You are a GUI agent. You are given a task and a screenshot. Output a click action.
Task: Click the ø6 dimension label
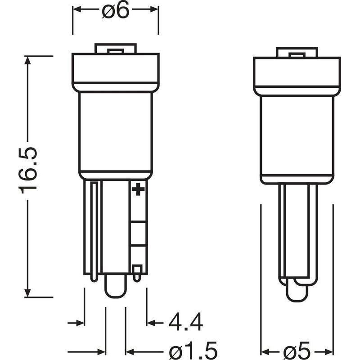[x=116, y=10]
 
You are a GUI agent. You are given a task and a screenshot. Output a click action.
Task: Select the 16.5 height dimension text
[x=27, y=171]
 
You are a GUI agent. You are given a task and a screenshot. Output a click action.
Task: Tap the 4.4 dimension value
[x=186, y=322]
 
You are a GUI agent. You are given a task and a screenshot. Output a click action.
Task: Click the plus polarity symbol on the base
[x=138, y=189]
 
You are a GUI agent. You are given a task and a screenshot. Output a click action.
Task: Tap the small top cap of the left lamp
[x=116, y=49]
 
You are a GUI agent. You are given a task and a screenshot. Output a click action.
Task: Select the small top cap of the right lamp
[x=297, y=52]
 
